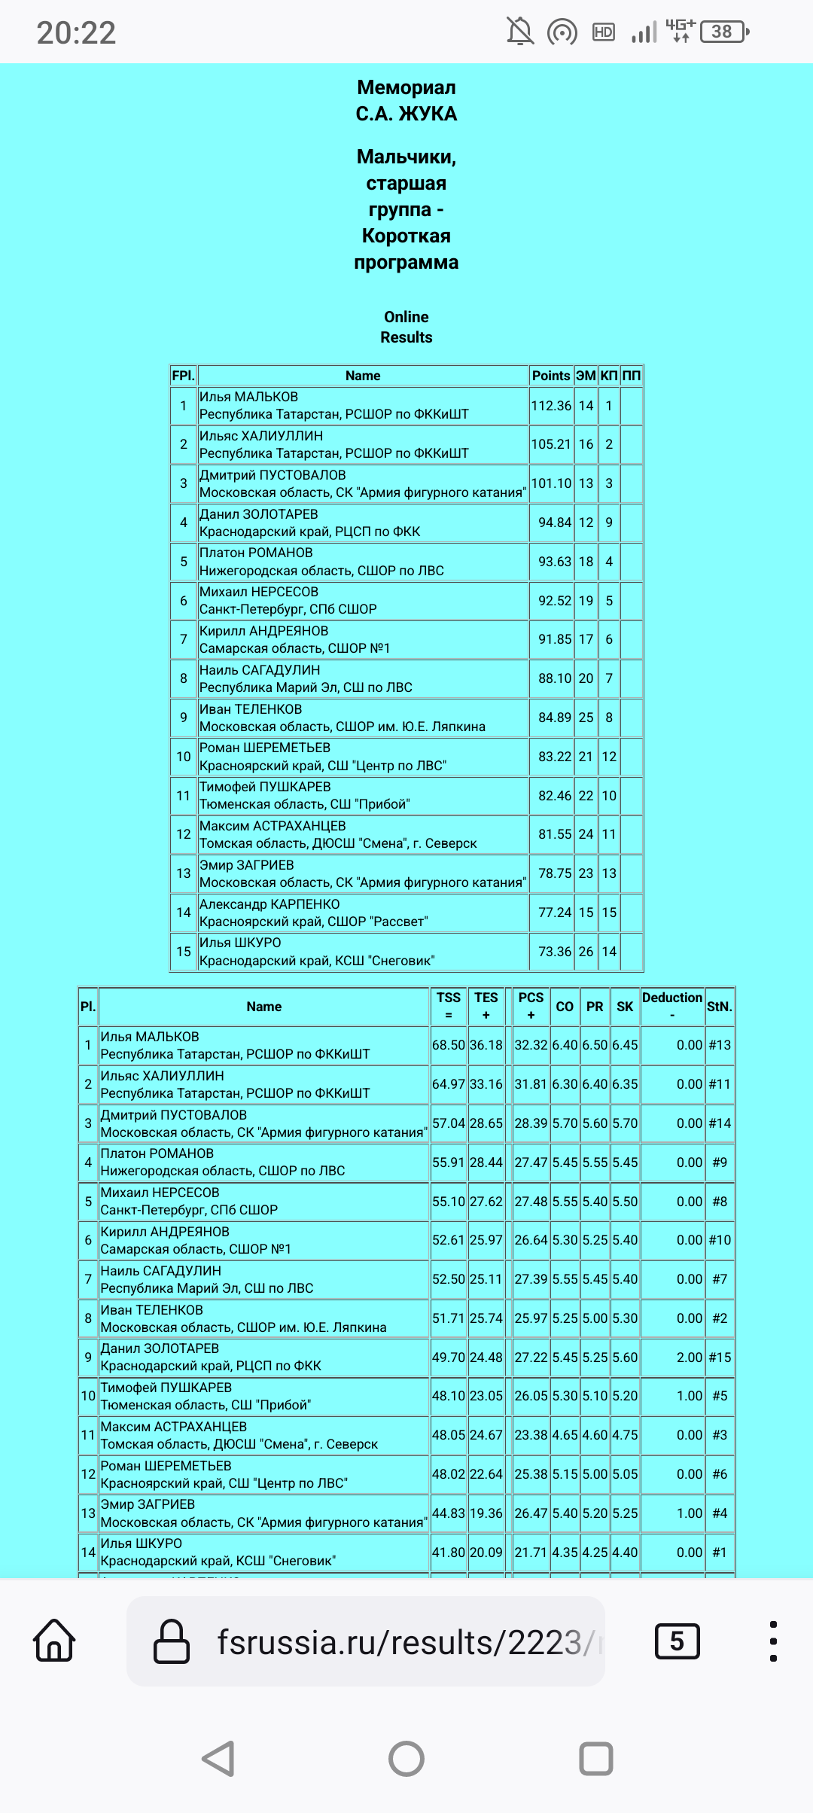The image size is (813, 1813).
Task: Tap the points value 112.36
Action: pos(551,406)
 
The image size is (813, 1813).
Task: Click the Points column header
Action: pos(551,376)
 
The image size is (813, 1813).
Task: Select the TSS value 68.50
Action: pos(449,1045)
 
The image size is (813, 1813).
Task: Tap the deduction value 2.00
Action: pos(689,1357)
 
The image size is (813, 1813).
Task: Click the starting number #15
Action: pos(720,1357)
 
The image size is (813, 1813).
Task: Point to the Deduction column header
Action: pos(672,1005)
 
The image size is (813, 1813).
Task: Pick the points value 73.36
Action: pos(555,952)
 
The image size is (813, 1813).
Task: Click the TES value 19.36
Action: pos(486,1513)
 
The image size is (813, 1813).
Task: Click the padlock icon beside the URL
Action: pos(172,1641)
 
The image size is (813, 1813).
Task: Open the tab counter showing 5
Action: pos(677,1641)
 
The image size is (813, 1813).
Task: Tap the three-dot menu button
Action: pos(773,1641)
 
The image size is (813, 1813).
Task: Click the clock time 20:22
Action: pos(76,32)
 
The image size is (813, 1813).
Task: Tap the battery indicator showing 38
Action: pos(723,32)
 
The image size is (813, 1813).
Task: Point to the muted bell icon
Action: pos(519,32)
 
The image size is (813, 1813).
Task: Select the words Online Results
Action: pos(406,327)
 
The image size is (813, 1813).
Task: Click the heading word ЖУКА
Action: pos(428,114)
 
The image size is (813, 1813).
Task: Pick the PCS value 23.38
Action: pos(531,1435)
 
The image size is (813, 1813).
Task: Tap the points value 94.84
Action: pos(555,523)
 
